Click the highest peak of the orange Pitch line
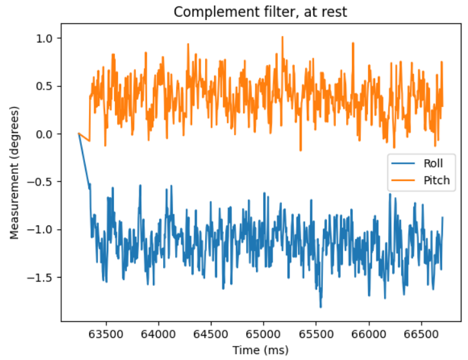(282, 37)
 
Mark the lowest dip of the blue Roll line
(320, 307)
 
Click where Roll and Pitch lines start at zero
(79, 133)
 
